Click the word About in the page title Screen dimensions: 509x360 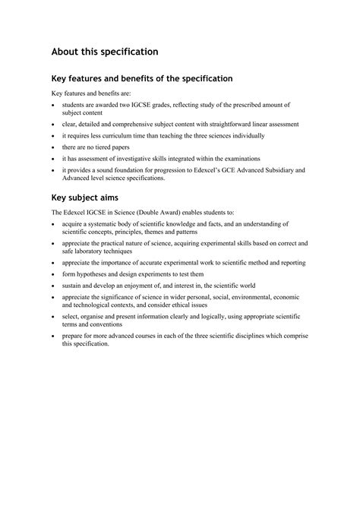[66, 52]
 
